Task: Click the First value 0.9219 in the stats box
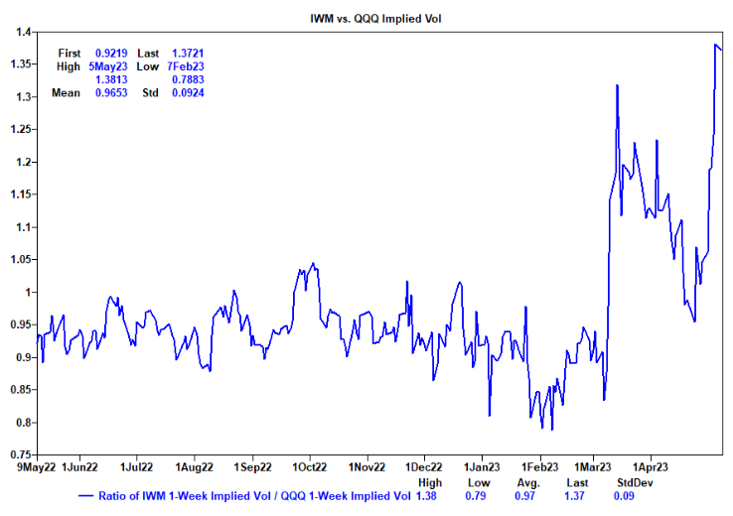(109, 52)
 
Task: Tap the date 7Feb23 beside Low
(183, 65)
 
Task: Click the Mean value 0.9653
(109, 93)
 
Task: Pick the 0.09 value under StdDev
(625, 495)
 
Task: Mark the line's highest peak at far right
(716, 44)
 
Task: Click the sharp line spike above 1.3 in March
(617, 85)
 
